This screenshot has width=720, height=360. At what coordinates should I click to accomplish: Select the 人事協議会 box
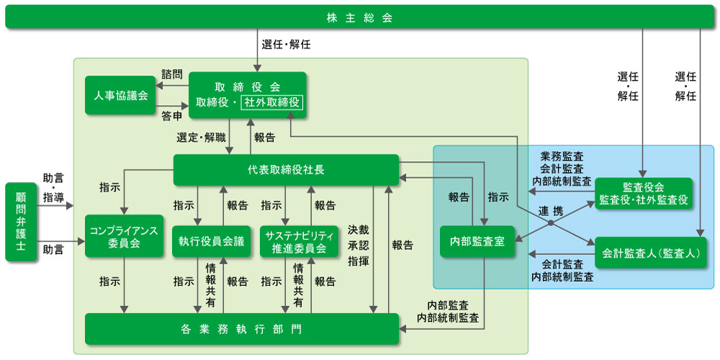click(120, 95)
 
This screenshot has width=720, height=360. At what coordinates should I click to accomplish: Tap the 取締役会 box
click(248, 94)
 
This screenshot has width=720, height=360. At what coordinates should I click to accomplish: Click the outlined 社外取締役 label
click(272, 102)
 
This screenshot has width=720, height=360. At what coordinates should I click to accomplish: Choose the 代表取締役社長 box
click(286, 170)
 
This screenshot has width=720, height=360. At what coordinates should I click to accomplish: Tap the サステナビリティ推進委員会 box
click(299, 241)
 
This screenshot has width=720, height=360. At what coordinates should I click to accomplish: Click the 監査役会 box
click(643, 194)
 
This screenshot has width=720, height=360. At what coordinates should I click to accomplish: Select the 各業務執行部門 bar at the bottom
click(242, 329)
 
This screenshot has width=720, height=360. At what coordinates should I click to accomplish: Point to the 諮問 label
click(172, 74)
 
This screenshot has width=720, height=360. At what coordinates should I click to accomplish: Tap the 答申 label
click(172, 115)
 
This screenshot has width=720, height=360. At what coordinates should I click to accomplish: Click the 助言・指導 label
click(53, 186)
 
